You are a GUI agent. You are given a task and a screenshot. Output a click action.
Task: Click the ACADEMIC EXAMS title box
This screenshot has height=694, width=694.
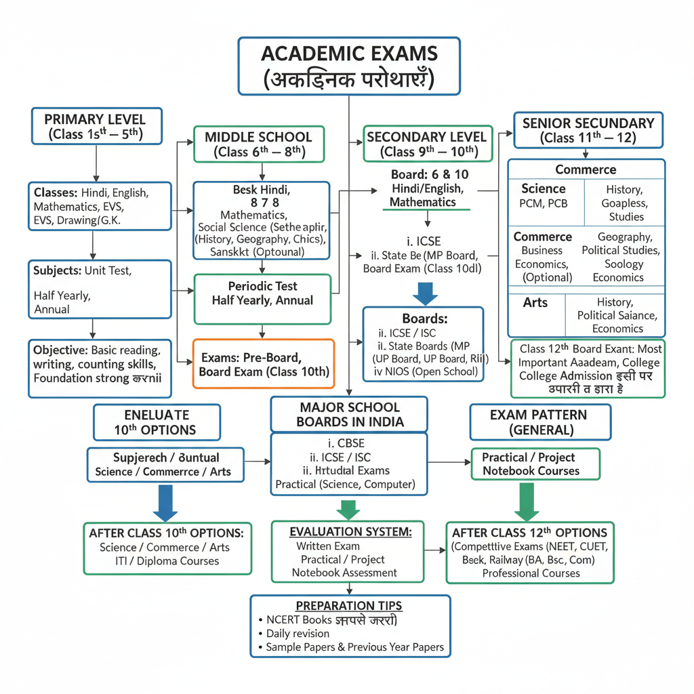pos(349,66)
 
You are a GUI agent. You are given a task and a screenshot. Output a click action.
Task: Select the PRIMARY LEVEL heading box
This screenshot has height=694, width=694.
pos(97,126)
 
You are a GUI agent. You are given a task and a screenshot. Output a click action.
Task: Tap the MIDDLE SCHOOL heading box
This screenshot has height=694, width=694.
pos(258,144)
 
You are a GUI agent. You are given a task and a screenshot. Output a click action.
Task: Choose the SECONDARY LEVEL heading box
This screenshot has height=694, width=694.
pos(426,144)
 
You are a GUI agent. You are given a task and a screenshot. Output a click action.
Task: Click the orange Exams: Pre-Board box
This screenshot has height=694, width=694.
pos(264,364)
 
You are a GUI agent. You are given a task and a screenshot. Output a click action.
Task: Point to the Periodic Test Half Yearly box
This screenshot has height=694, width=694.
pos(262,293)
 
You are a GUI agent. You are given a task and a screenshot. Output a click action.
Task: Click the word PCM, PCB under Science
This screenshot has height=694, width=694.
pos(544,203)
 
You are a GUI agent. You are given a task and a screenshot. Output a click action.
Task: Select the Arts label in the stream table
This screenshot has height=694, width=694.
pos(535,303)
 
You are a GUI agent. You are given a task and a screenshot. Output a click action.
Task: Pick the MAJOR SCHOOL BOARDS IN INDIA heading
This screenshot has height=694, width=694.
pos(349,415)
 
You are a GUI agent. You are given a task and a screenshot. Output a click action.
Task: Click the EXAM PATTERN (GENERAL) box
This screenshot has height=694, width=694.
pos(540,422)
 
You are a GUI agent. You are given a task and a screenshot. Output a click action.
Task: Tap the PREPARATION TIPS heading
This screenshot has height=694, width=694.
pos(348,605)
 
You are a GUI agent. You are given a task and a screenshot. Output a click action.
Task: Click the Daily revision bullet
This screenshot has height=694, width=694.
pos(298,634)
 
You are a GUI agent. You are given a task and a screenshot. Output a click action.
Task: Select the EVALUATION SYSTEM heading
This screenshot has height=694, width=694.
pos(350,532)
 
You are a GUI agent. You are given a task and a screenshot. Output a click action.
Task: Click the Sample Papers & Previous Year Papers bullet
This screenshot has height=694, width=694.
pos(354,647)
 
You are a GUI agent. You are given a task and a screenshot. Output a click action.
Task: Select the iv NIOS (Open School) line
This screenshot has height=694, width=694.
pos(423,371)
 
